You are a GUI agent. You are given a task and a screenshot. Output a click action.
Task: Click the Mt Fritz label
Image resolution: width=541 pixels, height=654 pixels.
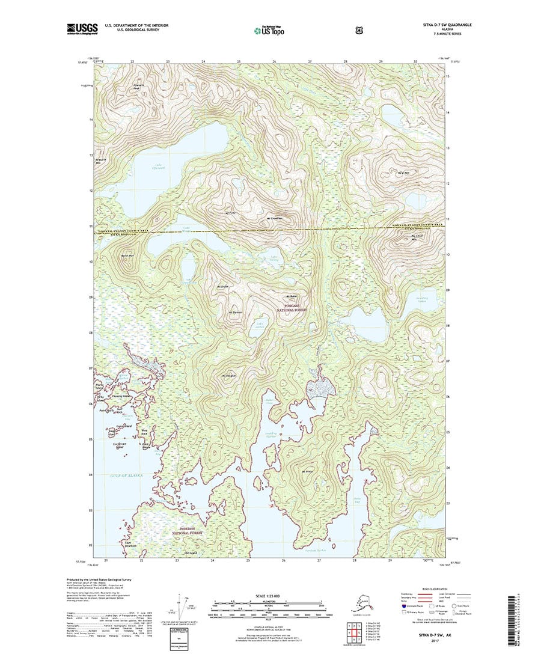coord(229,212)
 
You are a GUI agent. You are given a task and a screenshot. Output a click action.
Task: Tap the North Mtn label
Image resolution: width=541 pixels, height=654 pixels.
coord(126,256)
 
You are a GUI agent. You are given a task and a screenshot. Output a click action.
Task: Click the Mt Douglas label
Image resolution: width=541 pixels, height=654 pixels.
coord(228,376)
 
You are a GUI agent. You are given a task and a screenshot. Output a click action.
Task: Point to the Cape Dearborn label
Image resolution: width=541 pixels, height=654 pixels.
coord(130,545)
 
